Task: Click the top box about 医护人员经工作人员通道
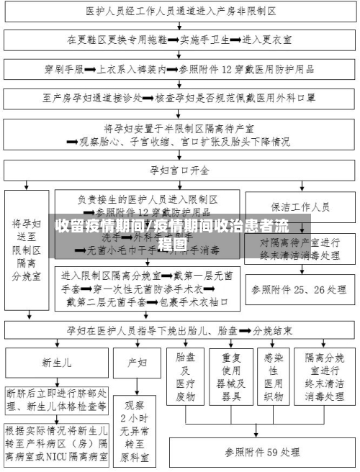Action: coord(180,12)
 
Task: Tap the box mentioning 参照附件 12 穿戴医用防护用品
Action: coord(180,70)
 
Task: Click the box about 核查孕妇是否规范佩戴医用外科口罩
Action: coord(180,96)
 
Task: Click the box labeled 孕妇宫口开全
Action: coord(180,171)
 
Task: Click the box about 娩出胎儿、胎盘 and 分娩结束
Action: coord(180,331)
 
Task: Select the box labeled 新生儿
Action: coord(57,362)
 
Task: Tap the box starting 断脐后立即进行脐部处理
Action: coord(57,400)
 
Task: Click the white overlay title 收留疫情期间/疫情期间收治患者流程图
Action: coord(180,233)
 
